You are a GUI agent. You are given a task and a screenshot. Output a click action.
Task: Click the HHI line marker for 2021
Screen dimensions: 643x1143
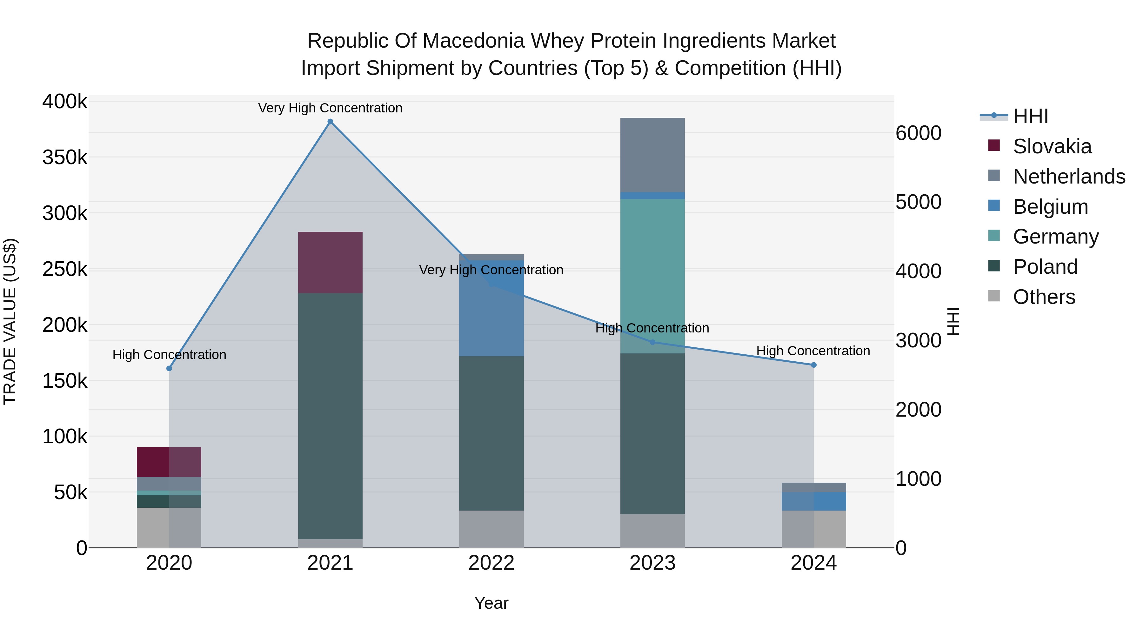[x=330, y=122]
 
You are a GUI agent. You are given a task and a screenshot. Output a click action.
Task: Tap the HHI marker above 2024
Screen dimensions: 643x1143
[x=813, y=365]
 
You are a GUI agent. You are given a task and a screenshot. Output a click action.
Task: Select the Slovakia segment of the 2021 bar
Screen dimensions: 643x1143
[x=330, y=262]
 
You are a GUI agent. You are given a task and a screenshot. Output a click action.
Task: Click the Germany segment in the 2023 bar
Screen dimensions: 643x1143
[x=652, y=275]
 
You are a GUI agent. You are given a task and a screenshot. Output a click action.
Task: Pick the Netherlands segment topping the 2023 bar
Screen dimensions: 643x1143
[x=652, y=155]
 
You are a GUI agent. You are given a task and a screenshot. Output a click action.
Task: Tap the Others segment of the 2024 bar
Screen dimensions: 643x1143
[x=813, y=529]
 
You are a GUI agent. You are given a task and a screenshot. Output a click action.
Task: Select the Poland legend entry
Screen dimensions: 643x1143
[x=1045, y=267]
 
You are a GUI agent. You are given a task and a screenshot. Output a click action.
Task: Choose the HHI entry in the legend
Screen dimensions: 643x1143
[x=1030, y=116]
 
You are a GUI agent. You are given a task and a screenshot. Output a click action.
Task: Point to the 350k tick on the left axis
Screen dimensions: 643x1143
[x=65, y=157]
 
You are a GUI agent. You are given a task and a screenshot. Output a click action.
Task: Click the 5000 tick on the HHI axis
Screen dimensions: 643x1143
[x=918, y=202]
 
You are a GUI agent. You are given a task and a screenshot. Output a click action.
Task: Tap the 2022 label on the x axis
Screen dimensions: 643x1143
[x=491, y=563]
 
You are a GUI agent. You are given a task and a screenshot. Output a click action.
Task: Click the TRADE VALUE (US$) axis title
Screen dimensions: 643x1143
[x=10, y=321]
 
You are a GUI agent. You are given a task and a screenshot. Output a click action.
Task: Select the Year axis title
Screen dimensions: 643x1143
[x=491, y=603]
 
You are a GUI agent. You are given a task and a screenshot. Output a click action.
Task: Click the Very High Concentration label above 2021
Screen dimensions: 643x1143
[x=330, y=108]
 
